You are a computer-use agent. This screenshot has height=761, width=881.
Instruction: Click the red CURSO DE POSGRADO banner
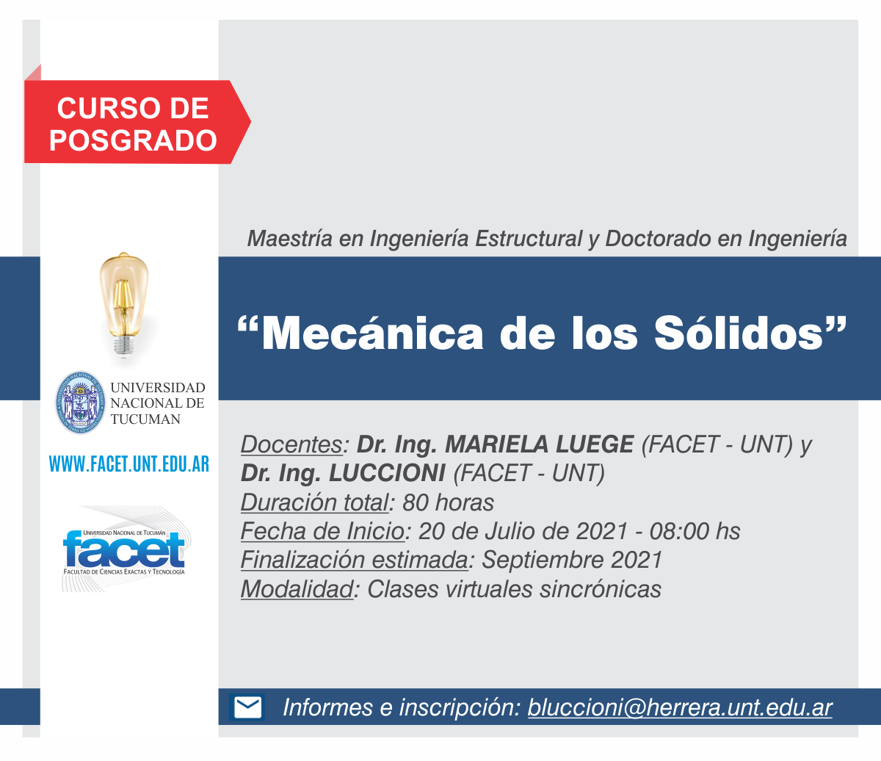[137, 122]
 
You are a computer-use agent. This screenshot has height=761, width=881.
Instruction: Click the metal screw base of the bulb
[123, 345]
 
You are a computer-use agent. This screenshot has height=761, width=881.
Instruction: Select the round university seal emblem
[80, 403]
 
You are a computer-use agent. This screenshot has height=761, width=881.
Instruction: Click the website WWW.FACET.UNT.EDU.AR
[129, 464]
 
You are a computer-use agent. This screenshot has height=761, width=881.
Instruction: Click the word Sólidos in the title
[739, 333]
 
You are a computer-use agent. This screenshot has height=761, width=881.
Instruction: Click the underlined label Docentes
[292, 444]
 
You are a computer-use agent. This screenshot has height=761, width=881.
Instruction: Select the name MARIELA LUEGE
[540, 444]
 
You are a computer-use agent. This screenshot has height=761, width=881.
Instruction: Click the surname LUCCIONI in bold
[387, 473]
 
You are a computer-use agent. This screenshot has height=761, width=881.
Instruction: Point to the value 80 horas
[449, 502]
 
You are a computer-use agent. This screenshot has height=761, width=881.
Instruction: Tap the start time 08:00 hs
[695, 531]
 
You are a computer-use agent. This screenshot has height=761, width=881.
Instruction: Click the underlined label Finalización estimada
[355, 560]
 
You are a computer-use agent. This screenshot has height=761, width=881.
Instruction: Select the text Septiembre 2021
[573, 560]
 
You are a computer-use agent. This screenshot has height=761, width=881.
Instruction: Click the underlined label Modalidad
[297, 589]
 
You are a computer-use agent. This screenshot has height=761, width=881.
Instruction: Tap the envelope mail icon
[247, 707]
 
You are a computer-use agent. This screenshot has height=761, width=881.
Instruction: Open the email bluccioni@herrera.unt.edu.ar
[680, 707]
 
